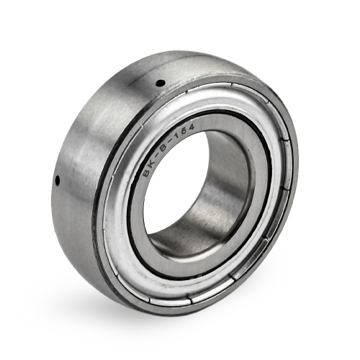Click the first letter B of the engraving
coord(145,174)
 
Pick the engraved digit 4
coord(192,127)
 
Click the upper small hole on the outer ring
coord(161,84)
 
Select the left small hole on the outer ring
coord(58,181)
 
